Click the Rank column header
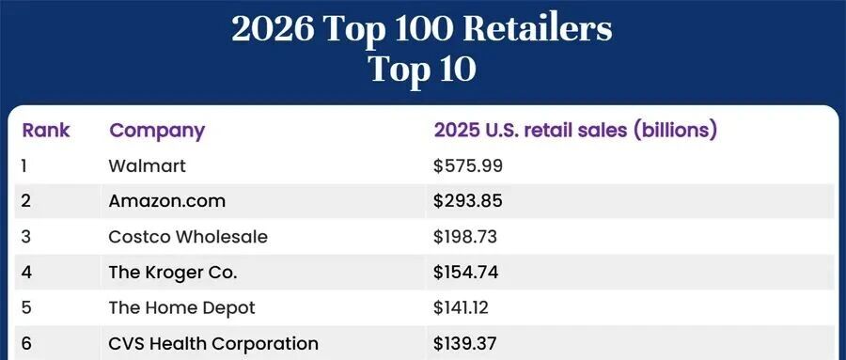point(46,131)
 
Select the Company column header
point(157,132)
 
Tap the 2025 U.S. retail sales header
point(575,132)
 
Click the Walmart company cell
point(147,165)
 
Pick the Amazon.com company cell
point(166,201)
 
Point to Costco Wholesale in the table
point(188,237)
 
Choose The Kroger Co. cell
point(173,273)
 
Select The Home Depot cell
point(181,308)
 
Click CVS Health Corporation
point(213,344)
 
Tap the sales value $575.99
point(468,165)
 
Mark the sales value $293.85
point(468,201)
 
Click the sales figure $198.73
point(465,237)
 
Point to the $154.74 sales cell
point(465,273)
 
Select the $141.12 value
point(461,308)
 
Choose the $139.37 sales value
point(464,344)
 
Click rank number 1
point(23,165)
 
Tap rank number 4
point(26,273)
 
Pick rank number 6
point(26,344)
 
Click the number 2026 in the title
point(273,29)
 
